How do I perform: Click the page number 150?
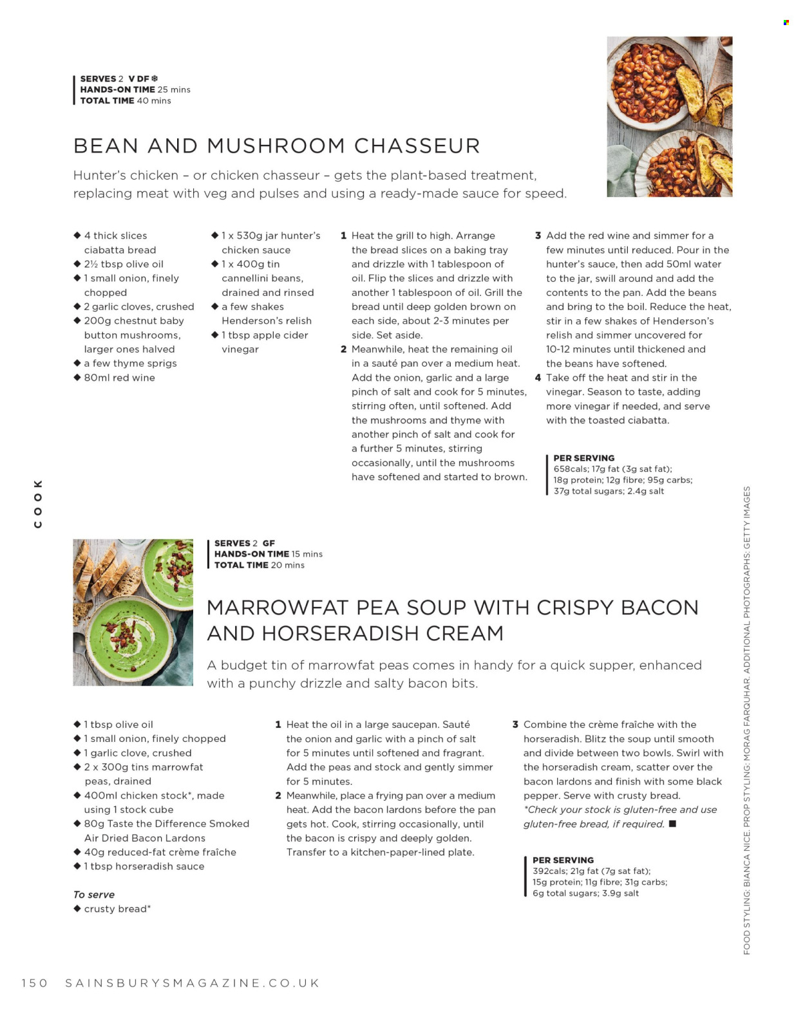[34, 983]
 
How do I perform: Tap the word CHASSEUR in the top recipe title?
[417, 146]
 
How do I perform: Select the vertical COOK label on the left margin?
[38, 503]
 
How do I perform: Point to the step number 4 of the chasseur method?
[538, 378]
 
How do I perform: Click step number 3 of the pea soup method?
[515, 725]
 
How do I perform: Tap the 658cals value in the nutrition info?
[571, 469]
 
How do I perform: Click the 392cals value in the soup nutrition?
[549, 871]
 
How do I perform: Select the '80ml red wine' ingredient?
[119, 378]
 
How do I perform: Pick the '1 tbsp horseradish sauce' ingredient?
[144, 866]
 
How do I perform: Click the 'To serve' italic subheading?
[94, 894]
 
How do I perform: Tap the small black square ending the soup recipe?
[672, 824]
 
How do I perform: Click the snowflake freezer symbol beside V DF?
[155, 79]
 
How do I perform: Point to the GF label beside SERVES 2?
[269, 543]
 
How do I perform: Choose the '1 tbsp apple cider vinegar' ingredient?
[265, 342]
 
